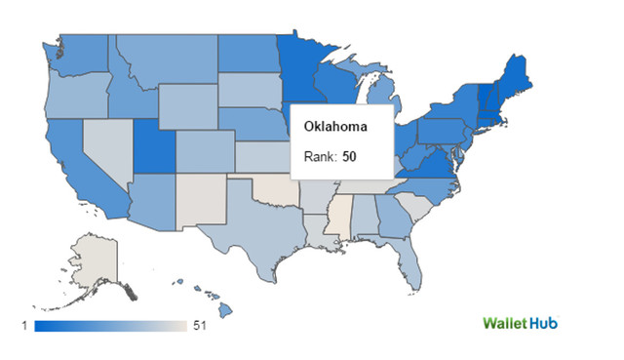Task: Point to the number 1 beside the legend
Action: click(x=24, y=325)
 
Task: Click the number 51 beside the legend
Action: click(x=200, y=325)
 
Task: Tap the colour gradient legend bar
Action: click(x=109, y=325)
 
